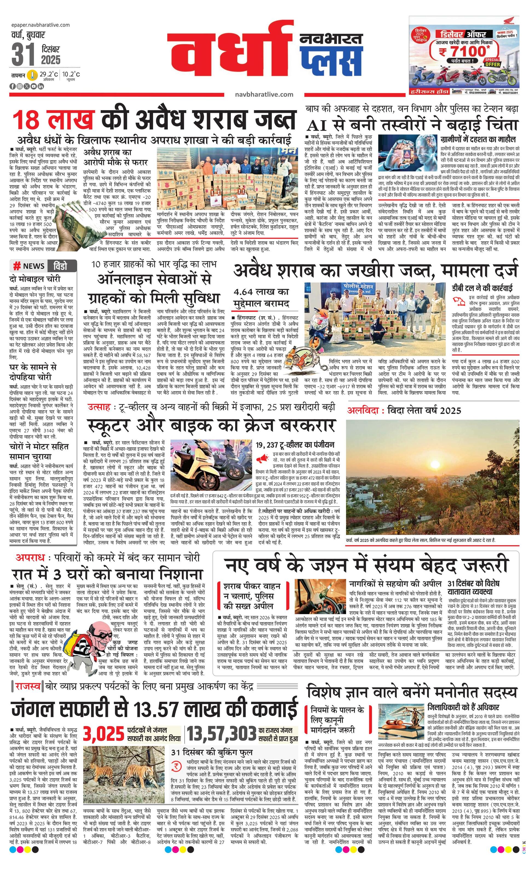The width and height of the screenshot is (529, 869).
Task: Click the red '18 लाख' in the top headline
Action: tap(54, 119)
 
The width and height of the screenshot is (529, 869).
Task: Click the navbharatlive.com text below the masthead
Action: tap(264, 94)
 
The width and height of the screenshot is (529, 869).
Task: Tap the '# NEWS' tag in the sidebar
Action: tap(29, 265)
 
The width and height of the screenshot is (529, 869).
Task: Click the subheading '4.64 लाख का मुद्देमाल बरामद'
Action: tap(261, 297)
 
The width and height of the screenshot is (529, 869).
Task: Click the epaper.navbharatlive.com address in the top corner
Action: tap(40, 25)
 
